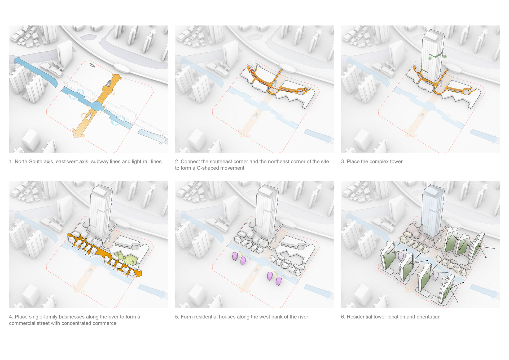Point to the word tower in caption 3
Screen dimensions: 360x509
click(x=396, y=162)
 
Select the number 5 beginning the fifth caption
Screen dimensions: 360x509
click(x=177, y=317)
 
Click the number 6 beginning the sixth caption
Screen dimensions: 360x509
click(x=343, y=317)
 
